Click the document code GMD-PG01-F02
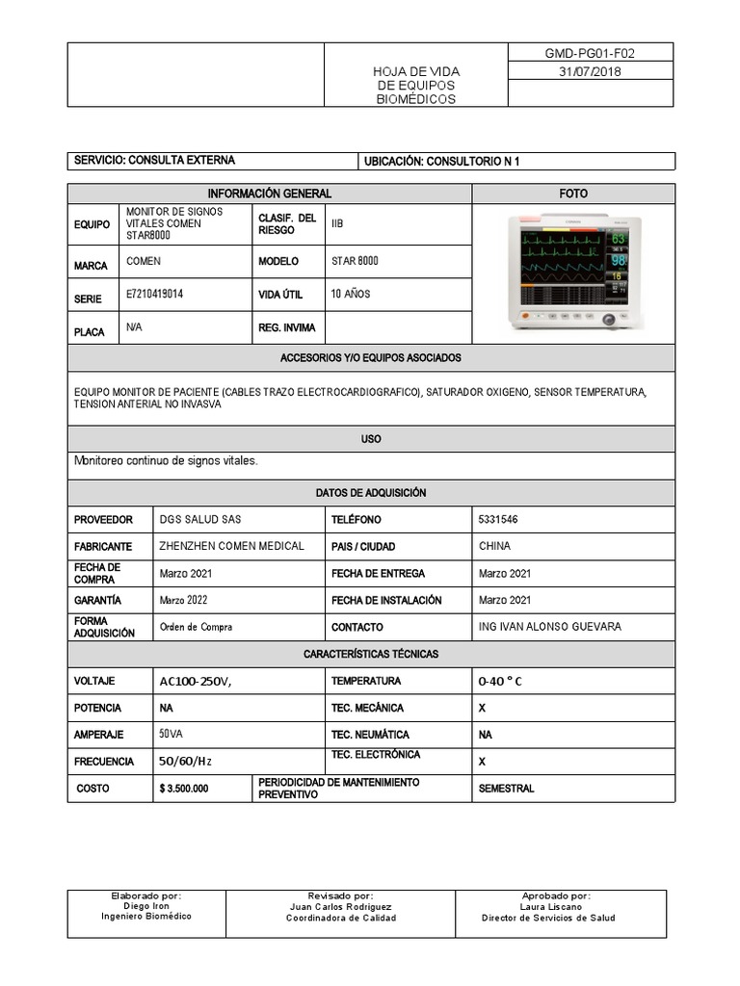[x=590, y=54]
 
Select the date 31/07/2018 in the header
[x=590, y=72]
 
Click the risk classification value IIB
[x=337, y=223]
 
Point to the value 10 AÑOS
[x=351, y=294]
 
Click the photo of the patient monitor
[x=572, y=273]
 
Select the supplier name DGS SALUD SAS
[x=200, y=520]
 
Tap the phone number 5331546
[x=497, y=520]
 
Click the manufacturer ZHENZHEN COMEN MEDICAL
[x=231, y=546]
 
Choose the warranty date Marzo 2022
[x=184, y=600]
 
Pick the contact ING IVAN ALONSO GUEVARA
[x=549, y=627]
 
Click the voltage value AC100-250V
[x=196, y=682]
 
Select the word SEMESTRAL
[x=506, y=789]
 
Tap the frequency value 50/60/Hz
[x=185, y=762]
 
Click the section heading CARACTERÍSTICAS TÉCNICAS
[x=371, y=654]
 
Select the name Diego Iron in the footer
[x=146, y=906]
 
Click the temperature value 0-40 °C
[x=500, y=682]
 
